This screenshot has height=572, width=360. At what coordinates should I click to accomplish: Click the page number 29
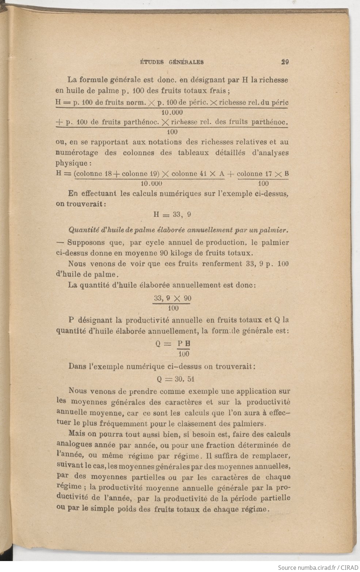[x=285, y=62]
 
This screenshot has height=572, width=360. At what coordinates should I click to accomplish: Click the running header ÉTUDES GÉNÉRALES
[x=172, y=62]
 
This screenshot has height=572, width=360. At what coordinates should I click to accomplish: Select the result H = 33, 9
[x=172, y=215]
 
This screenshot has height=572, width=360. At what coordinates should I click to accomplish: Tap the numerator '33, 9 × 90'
[x=172, y=298]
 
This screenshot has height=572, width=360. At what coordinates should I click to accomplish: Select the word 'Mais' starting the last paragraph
[x=76, y=435]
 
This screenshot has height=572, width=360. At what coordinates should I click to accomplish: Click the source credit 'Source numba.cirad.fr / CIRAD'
[x=317, y=567]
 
